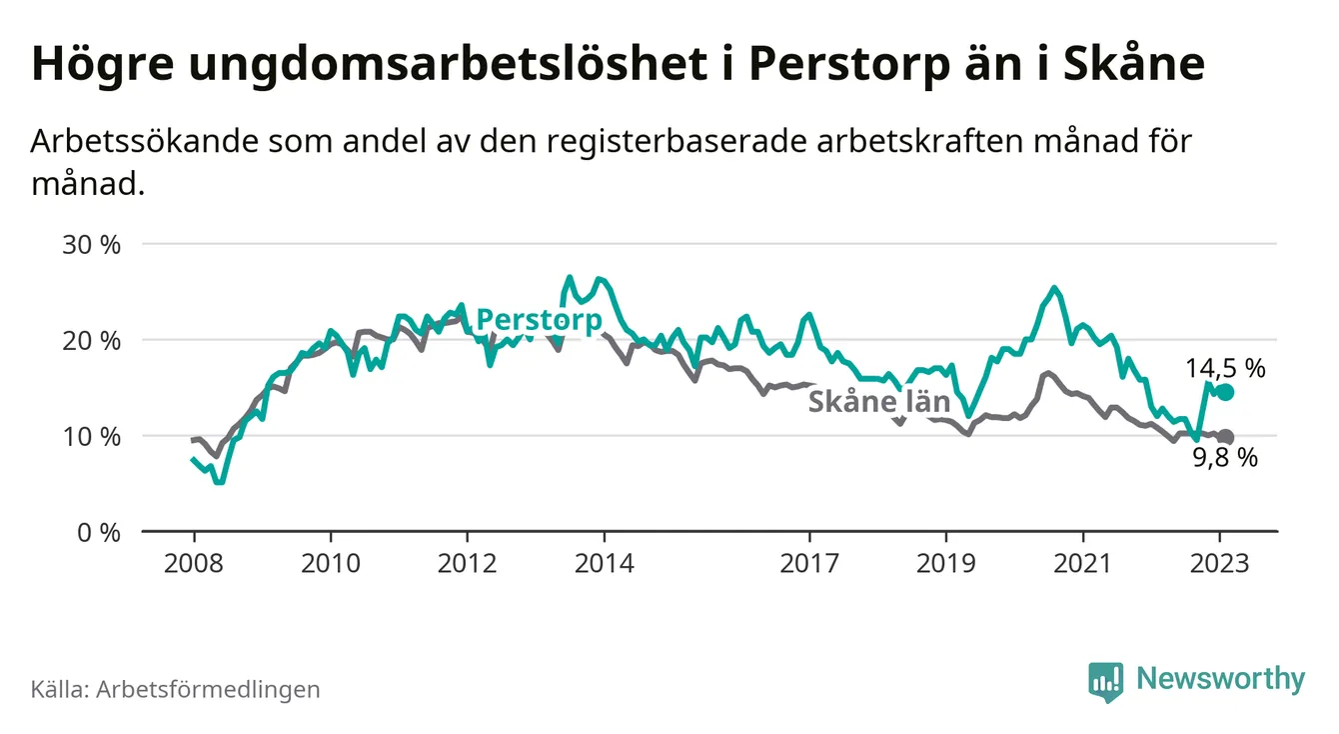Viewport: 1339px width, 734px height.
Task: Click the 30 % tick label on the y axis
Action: pos(92,244)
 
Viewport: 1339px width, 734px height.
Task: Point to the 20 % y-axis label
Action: pos(92,340)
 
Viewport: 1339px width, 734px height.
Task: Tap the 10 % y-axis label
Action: pos(92,436)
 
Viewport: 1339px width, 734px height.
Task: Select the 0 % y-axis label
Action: pos(99,532)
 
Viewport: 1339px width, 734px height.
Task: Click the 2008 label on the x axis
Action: pos(194,563)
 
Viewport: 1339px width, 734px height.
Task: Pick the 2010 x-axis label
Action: pos(331,563)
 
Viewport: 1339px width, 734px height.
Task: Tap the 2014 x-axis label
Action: pos(604,563)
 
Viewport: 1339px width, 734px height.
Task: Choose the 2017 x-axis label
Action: pos(809,563)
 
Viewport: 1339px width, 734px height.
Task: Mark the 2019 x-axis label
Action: pos(946,563)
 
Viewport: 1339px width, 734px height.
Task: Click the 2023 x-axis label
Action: pos(1220,563)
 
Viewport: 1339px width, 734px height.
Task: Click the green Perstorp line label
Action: pos(539,320)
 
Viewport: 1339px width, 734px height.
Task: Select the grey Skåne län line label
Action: pos(878,402)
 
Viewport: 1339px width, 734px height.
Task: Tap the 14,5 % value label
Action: pos(1226,368)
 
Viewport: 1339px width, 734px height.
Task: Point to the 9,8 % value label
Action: pos(1225,459)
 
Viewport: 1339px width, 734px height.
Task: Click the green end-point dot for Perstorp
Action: pos(1226,392)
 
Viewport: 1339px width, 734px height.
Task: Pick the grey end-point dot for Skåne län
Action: pos(1226,437)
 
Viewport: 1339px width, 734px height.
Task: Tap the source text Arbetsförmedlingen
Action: pos(208,689)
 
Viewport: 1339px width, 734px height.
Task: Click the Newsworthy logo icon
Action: pos(1105,680)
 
